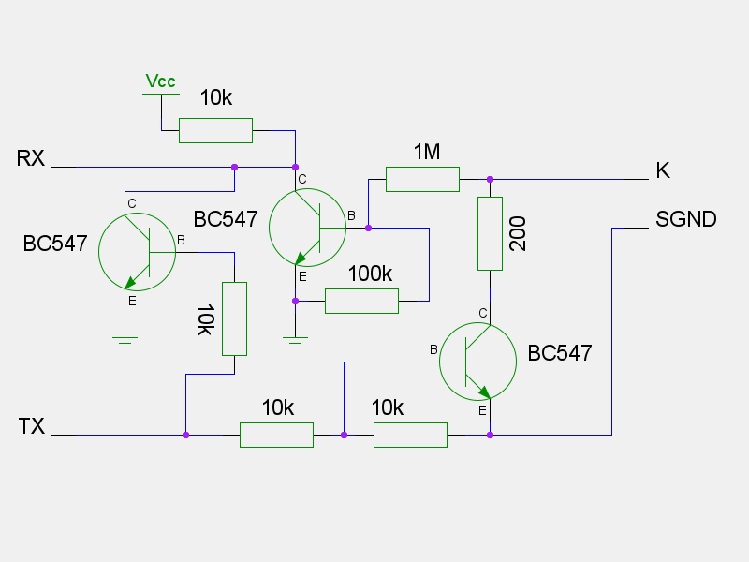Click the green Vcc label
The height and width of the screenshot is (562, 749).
coord(160,82)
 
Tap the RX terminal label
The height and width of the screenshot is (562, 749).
coord(31,157)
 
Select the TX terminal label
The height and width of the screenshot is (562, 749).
coord(32,427)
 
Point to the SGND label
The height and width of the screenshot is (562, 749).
coord(685,220)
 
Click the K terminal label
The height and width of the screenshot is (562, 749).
coord(663,170)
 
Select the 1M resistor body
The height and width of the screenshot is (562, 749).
coord(422,179)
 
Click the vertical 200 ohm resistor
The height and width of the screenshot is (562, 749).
coord(490,233)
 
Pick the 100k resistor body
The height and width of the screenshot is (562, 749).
coord(361,301)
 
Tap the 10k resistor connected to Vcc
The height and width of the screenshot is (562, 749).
coord(215,130)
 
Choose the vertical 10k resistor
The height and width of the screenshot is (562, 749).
coord(234,318)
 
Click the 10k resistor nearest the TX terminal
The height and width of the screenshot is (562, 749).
coord(276,435)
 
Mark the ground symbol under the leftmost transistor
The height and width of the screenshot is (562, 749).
coord(125,342)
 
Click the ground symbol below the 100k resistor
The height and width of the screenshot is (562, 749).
coord(295,342)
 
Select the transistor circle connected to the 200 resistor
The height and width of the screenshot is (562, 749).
coord(477,362)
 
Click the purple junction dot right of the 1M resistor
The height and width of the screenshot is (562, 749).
coord(490,179)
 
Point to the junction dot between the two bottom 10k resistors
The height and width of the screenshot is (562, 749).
coord(345,435)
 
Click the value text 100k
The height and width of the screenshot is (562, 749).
coord(370,274)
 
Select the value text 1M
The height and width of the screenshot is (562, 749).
coord(426,152)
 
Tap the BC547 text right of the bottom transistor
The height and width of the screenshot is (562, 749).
coord(560,353)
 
